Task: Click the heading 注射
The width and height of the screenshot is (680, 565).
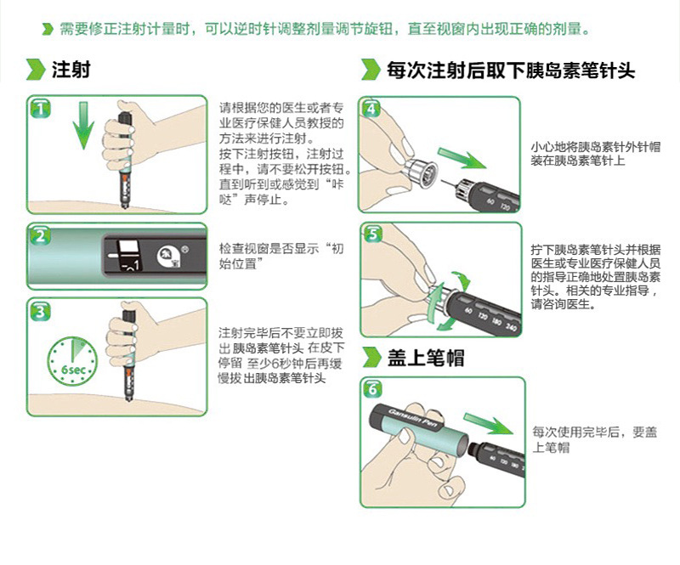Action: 71,70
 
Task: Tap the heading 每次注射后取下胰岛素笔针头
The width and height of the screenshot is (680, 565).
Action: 510,70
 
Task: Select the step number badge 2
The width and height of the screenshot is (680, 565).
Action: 40,235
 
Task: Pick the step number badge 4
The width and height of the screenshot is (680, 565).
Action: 371,109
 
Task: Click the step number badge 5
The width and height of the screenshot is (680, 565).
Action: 371,235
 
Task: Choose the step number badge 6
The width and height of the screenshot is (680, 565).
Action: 371,390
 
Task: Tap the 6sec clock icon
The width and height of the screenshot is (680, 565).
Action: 71,362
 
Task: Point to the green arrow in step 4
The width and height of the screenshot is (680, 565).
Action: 462,160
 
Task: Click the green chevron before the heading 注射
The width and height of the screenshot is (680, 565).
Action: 35,70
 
